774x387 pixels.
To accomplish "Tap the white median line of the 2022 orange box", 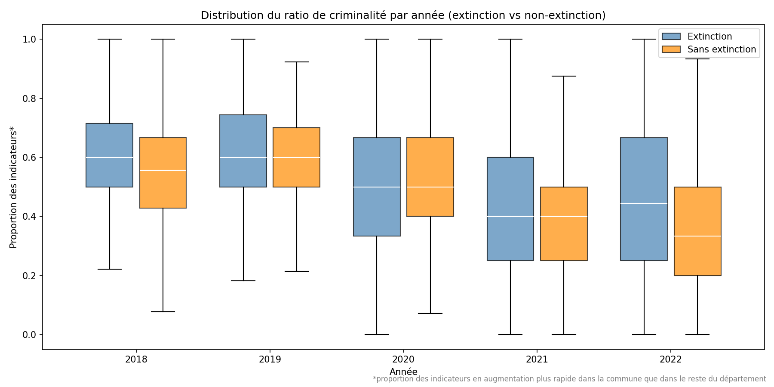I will click(x=697, y=236).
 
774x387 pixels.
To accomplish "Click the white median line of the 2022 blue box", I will click(x=644, y=203).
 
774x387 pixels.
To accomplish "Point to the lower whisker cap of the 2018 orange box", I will click(x=163, y=312).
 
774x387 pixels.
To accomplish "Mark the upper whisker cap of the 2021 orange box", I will click(x=564, y=76).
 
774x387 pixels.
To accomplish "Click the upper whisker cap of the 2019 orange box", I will click(x=297, y=62).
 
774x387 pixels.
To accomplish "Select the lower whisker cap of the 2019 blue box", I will click(x=243, y=281).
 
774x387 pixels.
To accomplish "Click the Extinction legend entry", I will click(x=709, y=37).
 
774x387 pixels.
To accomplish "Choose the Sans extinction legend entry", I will click(x=721, y=49).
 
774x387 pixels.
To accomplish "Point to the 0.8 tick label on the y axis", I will click(x=29, y=98).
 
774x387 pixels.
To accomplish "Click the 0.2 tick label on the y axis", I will click(x=29, y=276).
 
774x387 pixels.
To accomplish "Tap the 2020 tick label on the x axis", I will click(x=403, y=359).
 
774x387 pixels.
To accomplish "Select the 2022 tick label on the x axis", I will click(x=670, y=359).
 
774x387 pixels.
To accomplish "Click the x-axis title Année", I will click(x=403, y=372).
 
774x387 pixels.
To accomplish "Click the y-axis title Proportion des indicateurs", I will click(x=13, y=187).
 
